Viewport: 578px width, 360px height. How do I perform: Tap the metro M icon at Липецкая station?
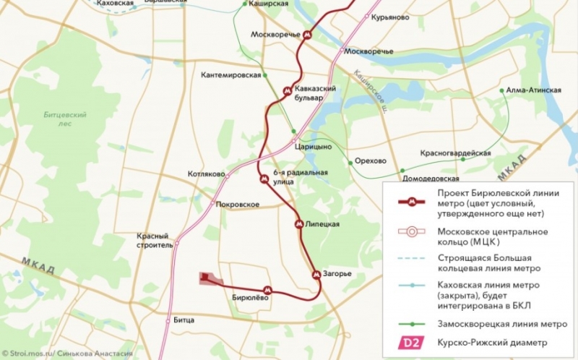point(299,225)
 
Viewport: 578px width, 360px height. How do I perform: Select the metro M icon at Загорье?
point(316,275)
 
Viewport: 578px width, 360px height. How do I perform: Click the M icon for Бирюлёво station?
point(267,290)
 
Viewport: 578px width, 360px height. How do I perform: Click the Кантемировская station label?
point(230,75)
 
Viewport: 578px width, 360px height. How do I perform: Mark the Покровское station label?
point(237,205)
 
